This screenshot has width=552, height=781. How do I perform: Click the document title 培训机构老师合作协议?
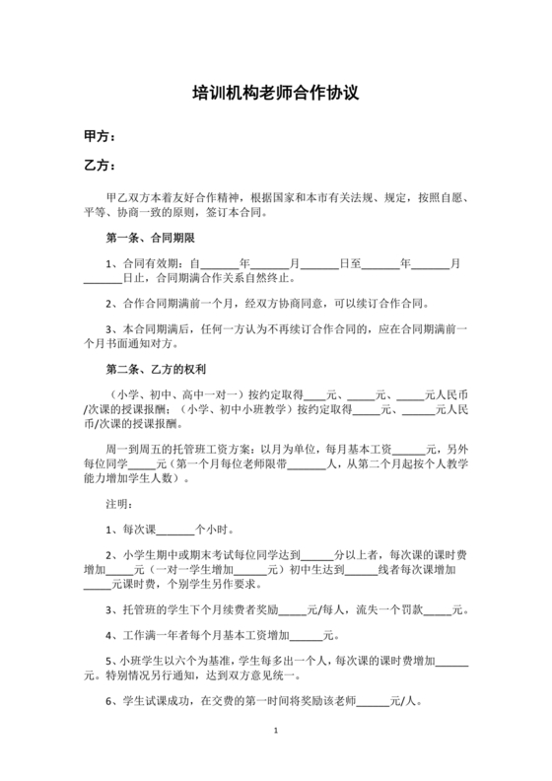click(x=275, y=95)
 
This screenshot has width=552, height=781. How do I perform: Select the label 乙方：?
click(x=102, y=166)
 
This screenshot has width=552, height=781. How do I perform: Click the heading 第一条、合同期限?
click(x=150, y=239)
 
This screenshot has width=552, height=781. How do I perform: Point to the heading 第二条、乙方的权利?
click(x=156, y=369)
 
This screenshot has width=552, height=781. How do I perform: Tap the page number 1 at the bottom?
click(x=276, y=731)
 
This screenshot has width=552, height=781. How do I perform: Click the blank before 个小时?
click(x=175, y=530)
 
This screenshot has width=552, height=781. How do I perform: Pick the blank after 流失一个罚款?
click(x=437, y=610)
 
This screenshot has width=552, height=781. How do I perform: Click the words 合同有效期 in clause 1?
click(x=146, y=263)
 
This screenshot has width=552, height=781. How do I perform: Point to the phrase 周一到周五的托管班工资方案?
click(x=177, y=448)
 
